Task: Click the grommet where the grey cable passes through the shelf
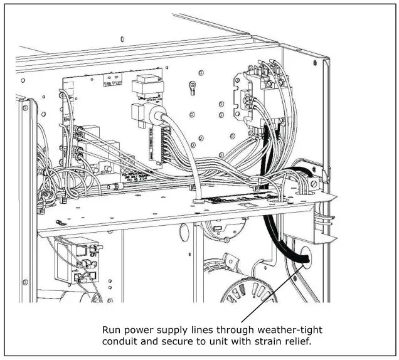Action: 197,202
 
